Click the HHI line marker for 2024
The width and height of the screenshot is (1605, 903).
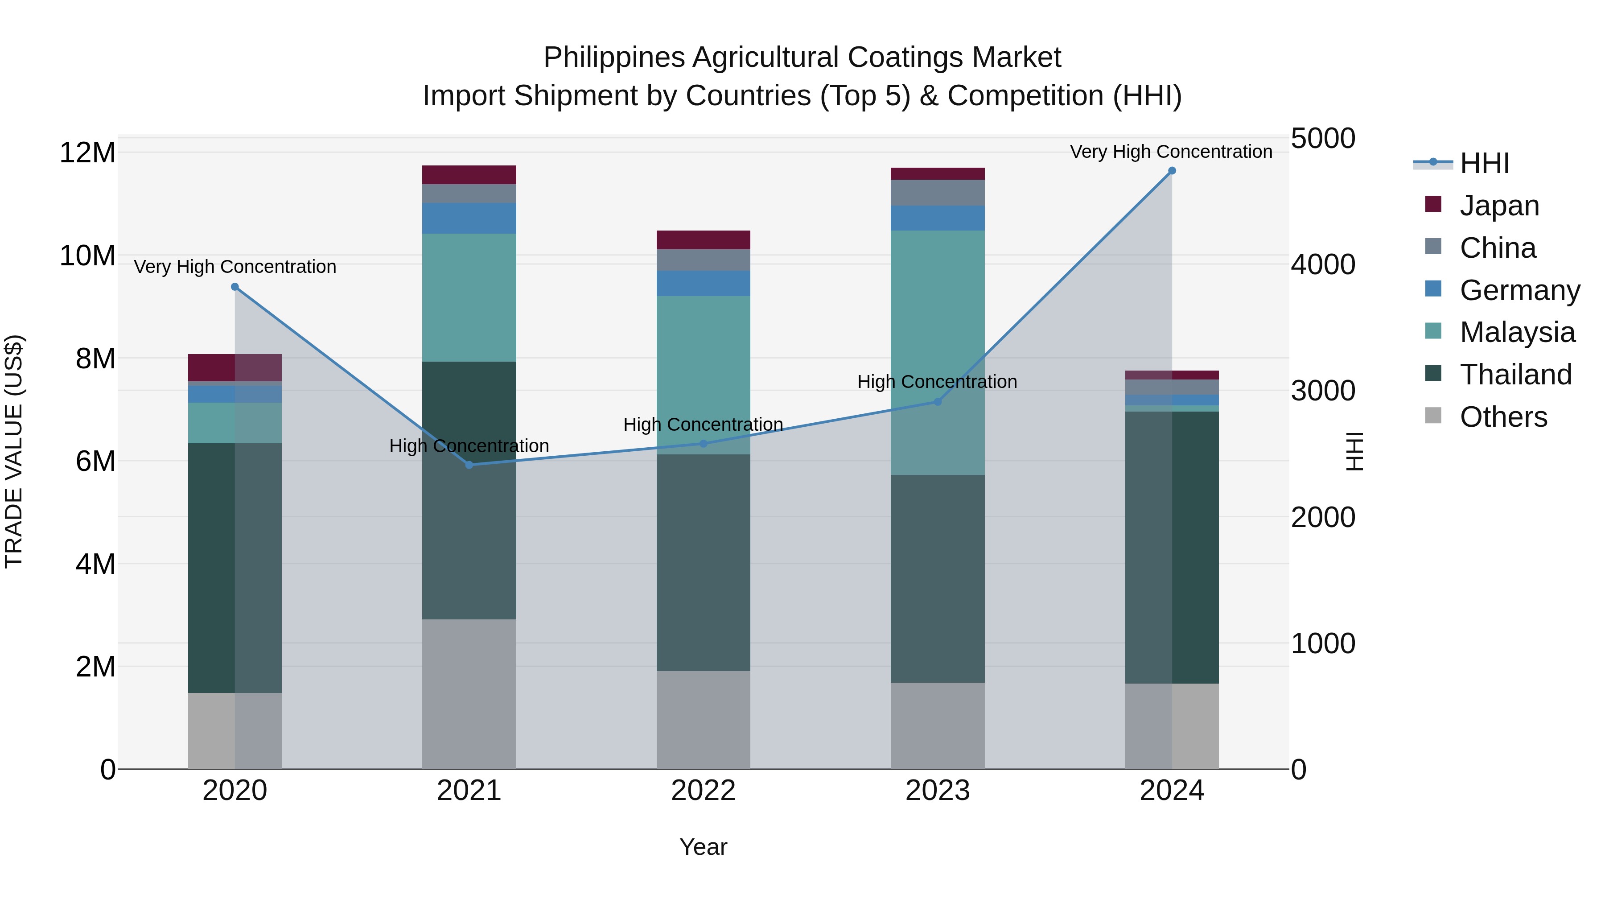coord(1171,171)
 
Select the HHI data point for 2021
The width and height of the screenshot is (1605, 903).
coord(469,465)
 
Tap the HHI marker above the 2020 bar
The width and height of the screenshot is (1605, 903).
coord(235,287)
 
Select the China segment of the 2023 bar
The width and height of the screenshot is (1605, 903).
coord(937,193)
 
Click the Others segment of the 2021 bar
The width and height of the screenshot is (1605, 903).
coord(469,693)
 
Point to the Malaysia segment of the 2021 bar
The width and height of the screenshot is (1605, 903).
coord(469,297)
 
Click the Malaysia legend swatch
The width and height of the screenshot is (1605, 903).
coord(1433,331)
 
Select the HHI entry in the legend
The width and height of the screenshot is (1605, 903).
coord(1483,163)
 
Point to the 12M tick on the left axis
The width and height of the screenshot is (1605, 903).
coord(87,153)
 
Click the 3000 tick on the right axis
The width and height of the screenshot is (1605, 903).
coord(1322,392)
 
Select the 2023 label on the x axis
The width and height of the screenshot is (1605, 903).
coord(937,791)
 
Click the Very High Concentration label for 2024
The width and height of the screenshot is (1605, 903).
coord(1171,152)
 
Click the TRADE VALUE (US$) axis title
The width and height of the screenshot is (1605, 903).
coord(14,451)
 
